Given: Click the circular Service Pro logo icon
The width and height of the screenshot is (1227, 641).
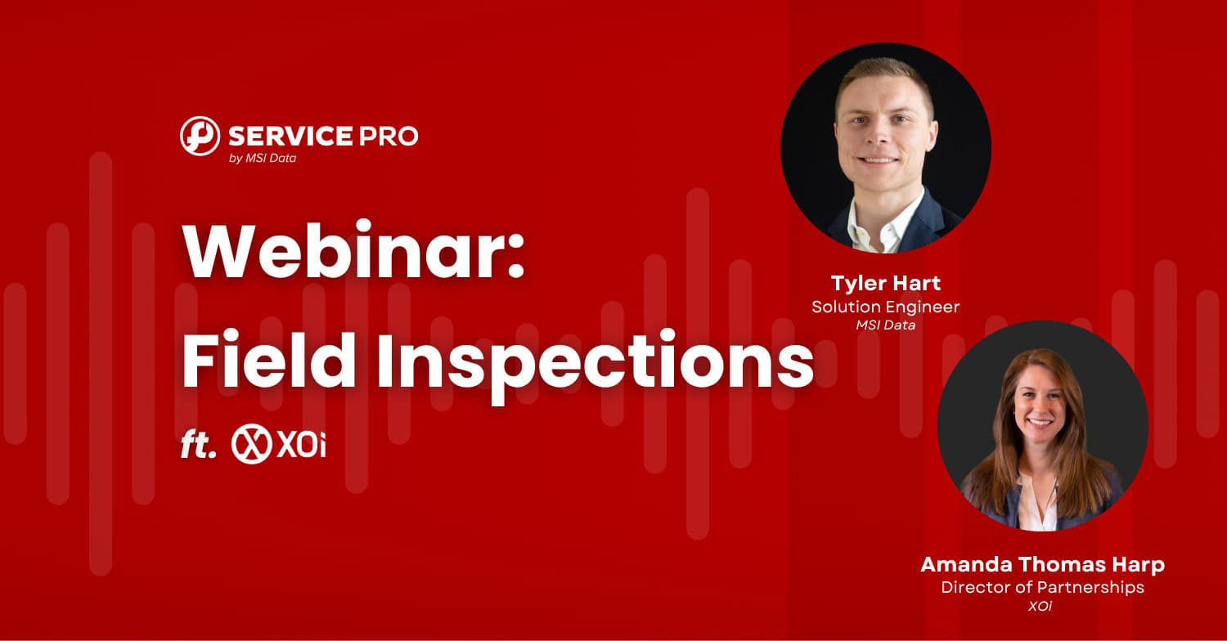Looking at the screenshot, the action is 200,136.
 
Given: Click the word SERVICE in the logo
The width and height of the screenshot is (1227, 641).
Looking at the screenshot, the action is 290,137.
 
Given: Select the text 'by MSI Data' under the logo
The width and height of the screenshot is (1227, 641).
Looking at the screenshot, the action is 263,158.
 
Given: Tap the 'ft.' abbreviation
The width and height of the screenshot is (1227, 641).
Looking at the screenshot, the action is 198,446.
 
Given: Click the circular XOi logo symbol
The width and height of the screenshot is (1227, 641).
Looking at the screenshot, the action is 251,444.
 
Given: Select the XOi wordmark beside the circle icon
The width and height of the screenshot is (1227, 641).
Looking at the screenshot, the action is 301,444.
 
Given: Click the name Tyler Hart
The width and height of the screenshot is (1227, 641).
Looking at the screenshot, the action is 885,284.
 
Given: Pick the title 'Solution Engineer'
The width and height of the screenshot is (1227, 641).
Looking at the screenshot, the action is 885,307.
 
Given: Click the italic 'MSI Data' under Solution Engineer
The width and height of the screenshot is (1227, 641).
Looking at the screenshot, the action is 885,325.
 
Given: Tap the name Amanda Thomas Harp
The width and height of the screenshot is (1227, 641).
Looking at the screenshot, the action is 1042,565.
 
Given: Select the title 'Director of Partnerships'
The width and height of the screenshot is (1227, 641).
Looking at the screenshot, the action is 1042,587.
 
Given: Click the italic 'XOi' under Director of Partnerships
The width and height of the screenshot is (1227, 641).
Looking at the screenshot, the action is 1040,606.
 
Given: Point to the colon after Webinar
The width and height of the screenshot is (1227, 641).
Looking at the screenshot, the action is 515,257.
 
